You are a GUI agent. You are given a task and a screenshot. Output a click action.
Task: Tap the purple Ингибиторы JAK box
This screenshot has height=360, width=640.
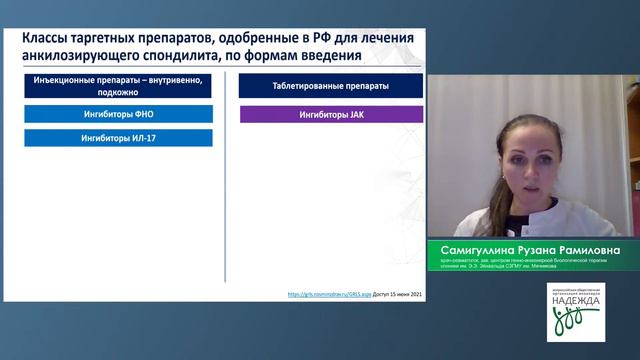331,114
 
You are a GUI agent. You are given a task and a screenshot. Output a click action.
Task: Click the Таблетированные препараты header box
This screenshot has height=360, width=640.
331,87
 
